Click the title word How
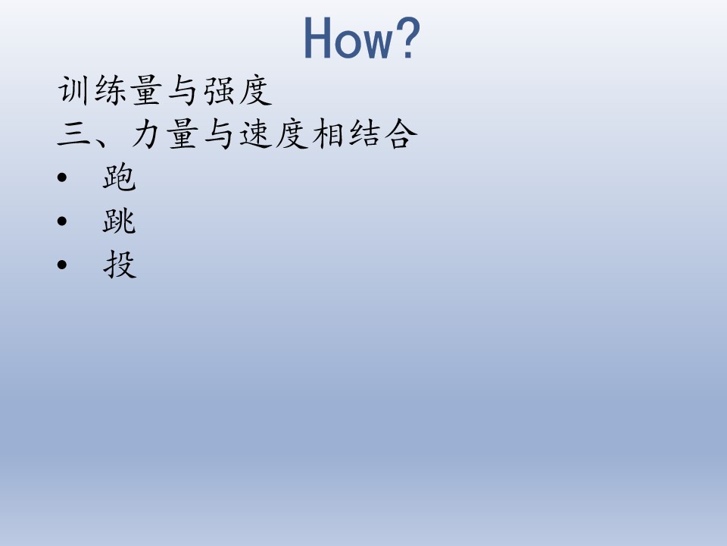point(348,39)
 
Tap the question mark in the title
point(408,38)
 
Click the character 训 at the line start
point(73,90)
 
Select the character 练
point(110,90)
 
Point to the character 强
point(219,90)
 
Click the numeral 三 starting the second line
point(73,135)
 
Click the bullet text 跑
point(119,177)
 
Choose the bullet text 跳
point(119,221)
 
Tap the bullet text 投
point(120,264)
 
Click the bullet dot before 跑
point(61,177)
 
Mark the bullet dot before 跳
point(61,221)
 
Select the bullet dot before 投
point(61,265)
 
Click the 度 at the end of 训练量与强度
point(255,90)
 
